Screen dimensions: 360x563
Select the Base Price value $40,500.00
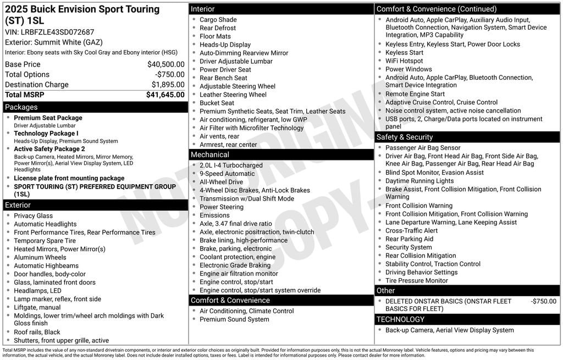coord(165,64)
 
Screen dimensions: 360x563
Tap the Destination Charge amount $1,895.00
coord(168,85)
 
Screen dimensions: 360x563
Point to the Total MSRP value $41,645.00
coord(165,95)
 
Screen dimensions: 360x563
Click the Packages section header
coord(21,107)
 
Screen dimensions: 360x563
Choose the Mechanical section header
coord(210,154)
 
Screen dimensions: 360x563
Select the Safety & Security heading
coord(405,137)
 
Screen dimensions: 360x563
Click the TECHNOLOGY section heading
coord(400,319)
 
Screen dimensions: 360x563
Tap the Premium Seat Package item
coord(48,118)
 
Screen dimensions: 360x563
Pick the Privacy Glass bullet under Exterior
coord(33,215)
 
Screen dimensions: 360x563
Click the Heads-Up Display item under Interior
coord(225,45)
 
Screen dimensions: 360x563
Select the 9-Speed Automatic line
coord(227,174)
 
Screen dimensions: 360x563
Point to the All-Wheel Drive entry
coord(221,182)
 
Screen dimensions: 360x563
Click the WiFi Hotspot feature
coord(404,61)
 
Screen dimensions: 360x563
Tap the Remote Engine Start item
coord(415,94)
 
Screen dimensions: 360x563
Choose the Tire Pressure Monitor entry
coord(416,280)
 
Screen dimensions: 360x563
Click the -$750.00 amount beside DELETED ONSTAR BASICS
coord(543,301)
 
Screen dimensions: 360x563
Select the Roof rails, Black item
coord(37,332)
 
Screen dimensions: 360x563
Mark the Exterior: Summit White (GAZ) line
coord(54,42)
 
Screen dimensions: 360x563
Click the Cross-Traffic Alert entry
coord(411,231)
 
